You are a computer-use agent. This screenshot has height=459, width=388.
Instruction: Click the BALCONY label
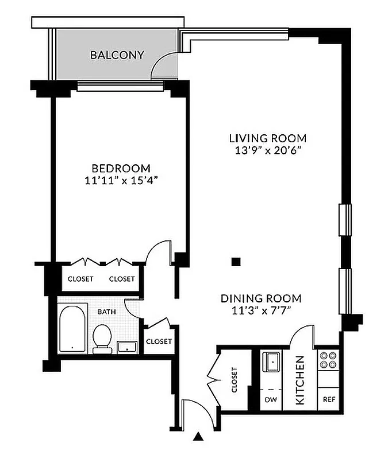[x=117, y=55]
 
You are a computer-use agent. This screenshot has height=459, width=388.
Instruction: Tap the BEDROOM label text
[x=121, y=168]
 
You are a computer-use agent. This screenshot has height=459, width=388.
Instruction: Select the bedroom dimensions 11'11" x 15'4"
[x=121, y=180]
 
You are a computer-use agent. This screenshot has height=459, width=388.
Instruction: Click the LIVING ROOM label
[x=267, y=138]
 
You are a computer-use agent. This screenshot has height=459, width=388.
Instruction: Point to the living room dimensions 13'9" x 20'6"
[x=267, y=150]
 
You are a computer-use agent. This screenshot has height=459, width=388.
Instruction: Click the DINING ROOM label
[x=262, y=298]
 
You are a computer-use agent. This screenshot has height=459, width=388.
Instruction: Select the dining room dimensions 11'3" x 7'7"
[x=262, y=310]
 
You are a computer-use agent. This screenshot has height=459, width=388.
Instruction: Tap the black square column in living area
[x=235, y=262]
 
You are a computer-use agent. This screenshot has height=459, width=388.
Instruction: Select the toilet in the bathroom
[x=102, y=337]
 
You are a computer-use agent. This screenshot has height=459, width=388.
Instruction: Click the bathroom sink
[x=126, y=345]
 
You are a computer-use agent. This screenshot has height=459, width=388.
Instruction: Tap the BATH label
[x=106, y=312]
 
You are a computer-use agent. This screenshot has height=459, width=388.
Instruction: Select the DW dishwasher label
[x=270, y=399]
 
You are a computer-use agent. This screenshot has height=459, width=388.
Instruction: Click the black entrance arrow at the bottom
[x=199, y=437]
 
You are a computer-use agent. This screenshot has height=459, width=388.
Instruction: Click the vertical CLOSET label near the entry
[x=234, y=380]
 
